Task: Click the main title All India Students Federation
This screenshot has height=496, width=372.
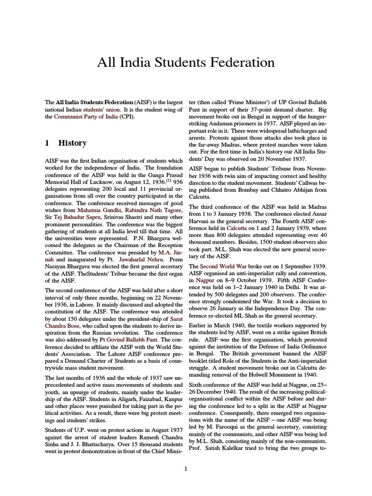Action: coord(186,62)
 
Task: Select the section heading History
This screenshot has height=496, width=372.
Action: coord(72,143)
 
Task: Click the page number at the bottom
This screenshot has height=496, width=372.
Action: coord(186,468)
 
